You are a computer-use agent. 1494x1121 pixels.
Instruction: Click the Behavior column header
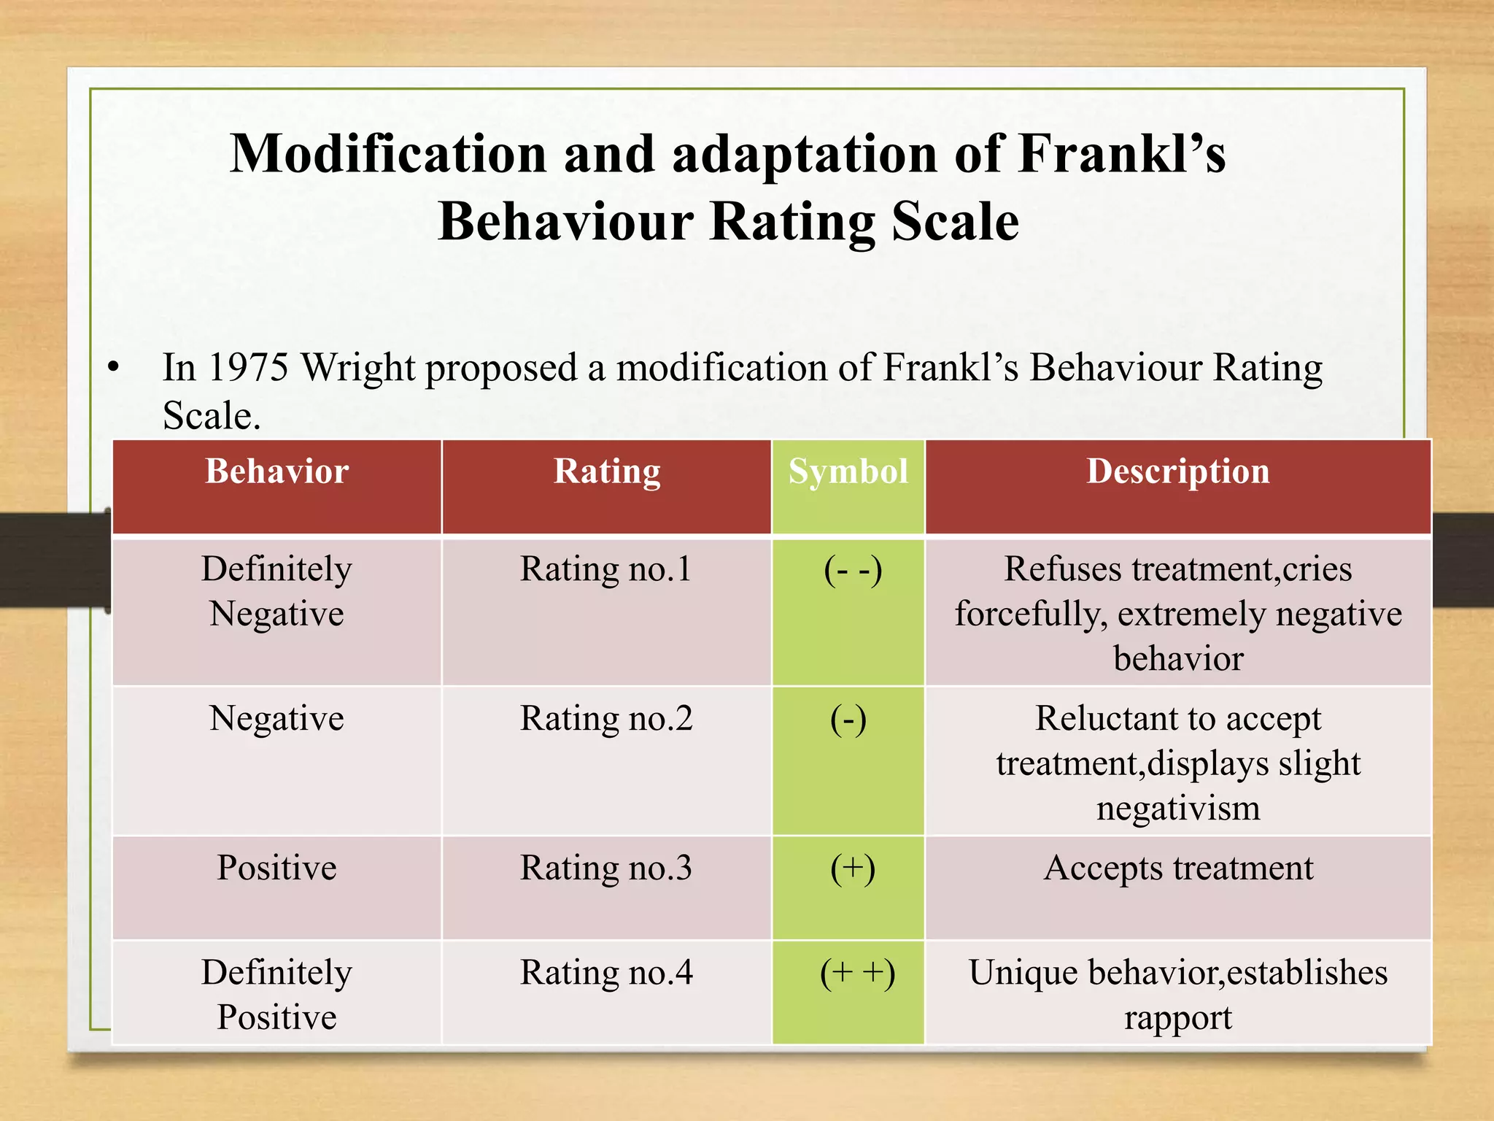coord(276,471)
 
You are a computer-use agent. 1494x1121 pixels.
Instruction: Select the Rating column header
coord(606,471)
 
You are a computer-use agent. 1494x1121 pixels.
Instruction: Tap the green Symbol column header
coord(848,471)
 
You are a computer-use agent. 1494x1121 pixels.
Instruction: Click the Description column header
coord(1177,471)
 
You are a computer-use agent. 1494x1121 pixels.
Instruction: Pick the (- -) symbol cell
coord(852,570)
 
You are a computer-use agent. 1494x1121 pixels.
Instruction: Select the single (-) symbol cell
coord(848,720)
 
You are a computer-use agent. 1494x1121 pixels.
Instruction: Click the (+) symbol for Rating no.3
coord(852,868)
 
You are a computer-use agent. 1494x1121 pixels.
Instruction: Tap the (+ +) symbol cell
coord(857,974)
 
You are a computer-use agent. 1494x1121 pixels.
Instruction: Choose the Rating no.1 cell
coord(606,569)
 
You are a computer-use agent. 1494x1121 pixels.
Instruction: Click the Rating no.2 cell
coord(606,719)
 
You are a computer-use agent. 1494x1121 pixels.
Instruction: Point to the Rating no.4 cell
coord(606,973)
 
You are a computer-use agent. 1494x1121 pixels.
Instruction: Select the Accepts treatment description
coord(1177,868)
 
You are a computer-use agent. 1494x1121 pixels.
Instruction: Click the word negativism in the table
coord(1177,809)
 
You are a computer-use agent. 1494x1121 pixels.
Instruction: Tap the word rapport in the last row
coord(1177,1017)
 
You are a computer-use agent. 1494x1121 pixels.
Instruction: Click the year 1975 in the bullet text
coord(248,367)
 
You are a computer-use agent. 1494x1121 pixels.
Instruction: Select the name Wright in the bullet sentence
coord(357,367)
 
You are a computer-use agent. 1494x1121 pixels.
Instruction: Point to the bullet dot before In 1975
coord(112,367)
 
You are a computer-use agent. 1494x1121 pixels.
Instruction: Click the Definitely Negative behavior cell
coord(276,591)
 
